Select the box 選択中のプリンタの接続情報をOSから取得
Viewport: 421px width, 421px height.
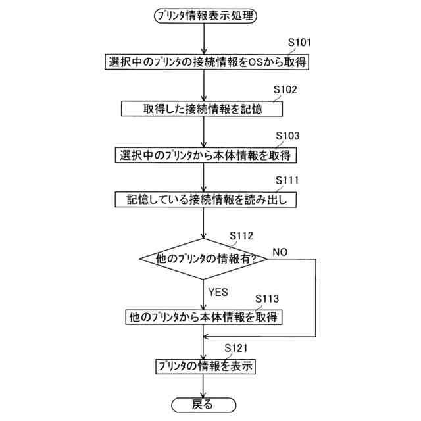coord(206,62)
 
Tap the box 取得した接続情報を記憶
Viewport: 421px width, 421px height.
coord(206,108)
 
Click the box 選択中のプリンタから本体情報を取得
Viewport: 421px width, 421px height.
coord(206,155)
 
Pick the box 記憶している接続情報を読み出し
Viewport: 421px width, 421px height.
coord(206,199)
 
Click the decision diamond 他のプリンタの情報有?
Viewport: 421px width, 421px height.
coord(206,258)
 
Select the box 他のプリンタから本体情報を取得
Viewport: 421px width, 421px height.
coord(206,317)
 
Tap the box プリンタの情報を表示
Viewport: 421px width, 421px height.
coord(206,366)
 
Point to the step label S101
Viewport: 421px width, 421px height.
coord(300,43)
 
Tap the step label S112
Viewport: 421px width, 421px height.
coord(241,235)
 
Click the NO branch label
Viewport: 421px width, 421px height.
coord(280,253)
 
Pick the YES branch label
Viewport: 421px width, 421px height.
coord(218,290)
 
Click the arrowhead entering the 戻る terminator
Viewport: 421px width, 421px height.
coord(206,393)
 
